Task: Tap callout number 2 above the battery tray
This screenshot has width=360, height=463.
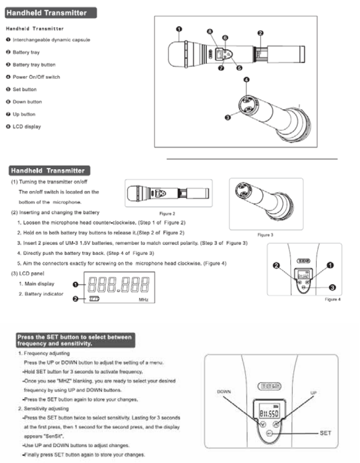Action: pyautogui.click(x=260, y=33)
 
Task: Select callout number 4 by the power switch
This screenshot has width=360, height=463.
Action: pyautogui.click(x=246, y=80)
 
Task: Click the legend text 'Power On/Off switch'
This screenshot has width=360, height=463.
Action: pyautogui.click(x=36, y=77)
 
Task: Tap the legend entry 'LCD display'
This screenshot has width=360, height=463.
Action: pyautogui.click(x=27, y=127)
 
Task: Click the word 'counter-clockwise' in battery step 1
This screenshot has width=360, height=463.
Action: pyautogui.click(x=111, y=223)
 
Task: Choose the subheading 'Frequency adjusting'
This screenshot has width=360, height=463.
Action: pyautogui.click(x=41, y=354)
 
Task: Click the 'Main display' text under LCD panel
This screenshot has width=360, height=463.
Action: pyautogui.click(x=39, y=284)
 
